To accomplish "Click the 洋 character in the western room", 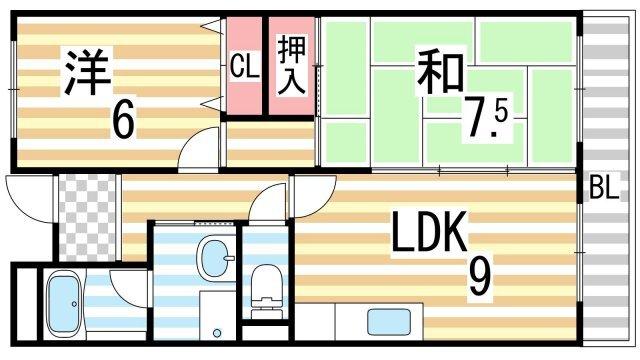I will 82,71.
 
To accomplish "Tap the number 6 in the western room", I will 122,119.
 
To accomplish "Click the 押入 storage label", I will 290,63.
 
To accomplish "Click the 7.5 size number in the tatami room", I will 484,117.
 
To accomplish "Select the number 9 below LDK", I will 479,276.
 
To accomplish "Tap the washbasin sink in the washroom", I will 214,258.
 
